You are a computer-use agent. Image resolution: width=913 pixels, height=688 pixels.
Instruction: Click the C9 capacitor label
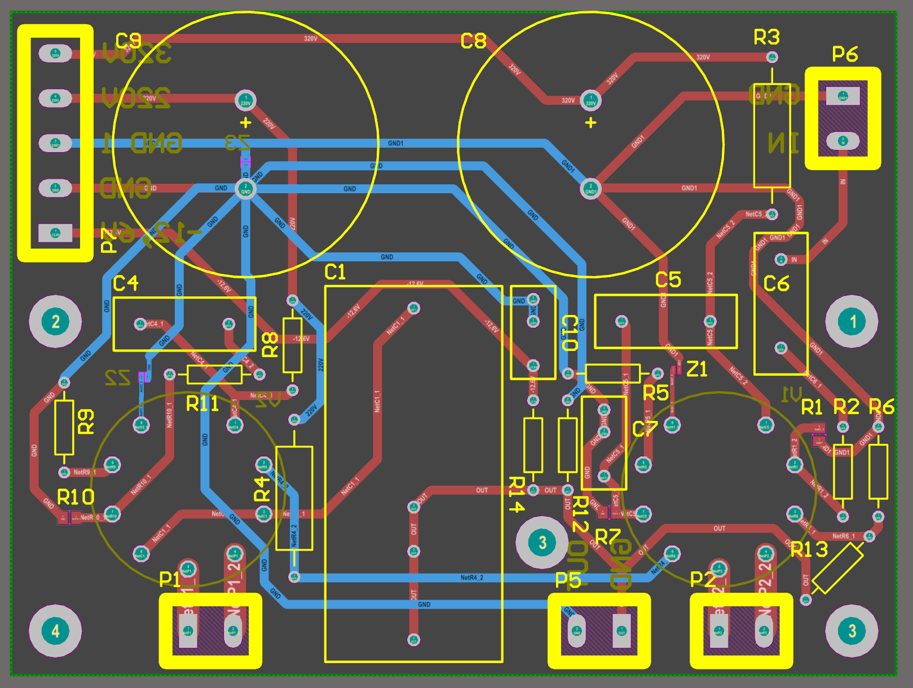click(128, 41)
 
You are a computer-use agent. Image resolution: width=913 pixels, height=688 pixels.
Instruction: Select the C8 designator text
click(473, 41)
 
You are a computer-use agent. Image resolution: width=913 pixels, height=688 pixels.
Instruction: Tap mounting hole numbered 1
click(852, 322)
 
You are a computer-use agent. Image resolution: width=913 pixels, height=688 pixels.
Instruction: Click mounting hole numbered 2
click(55, 322)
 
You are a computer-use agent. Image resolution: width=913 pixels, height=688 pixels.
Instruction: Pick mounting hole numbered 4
click(55, 631)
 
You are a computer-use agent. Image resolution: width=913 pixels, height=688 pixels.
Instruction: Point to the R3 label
click(767, 38)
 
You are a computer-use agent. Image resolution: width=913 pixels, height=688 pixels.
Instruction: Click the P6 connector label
click(845, 55)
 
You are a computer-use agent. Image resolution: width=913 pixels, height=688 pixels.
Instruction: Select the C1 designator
click(335, 273)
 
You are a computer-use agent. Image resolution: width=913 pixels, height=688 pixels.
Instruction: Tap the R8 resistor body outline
click(292, 345)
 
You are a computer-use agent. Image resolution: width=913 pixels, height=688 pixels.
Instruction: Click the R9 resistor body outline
click(64, 427)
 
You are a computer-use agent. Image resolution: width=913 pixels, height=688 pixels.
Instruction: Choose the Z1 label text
click(697, 370)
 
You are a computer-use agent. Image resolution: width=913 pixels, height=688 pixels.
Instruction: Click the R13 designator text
click(809, 549)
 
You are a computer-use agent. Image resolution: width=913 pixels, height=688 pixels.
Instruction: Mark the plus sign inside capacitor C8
click(590, 122)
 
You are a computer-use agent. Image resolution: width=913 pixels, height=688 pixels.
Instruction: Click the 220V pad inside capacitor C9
click(245, 101)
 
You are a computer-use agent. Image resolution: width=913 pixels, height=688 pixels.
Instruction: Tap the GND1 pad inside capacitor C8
click(590, 189)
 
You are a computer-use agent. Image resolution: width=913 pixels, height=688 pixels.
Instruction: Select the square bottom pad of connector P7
click(55, 233)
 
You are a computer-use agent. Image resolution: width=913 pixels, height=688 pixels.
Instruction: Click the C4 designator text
click(126, 283)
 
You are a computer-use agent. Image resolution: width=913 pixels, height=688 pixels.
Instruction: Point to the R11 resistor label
click(202, 404)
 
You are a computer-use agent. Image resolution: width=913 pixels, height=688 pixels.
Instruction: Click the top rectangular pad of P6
click(843, 96)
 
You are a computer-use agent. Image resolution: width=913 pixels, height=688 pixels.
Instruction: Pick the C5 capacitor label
click(668, 280)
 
